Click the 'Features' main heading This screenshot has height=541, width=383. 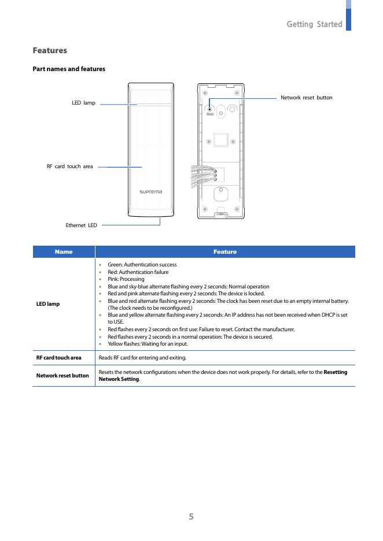pyautogui.click(x=50, y=51)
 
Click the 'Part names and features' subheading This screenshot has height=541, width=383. pyautogui.click(x=69, y=69)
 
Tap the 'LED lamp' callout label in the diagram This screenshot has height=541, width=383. pyautogui.click(x=83, y=103)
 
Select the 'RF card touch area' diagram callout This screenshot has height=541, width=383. pyautogui.click(x=69, y=166)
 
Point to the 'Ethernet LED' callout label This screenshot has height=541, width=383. pyautogui.click(x=81, y=225)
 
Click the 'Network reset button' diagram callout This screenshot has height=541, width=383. pyautogui.click(x=306, y=98)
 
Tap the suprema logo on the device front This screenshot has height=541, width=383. pyautogui.click(x=150, y=191)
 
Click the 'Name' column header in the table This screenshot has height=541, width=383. pyautogui.click(x=64, y=252)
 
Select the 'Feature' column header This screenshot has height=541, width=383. pyautogui.click(x=224, y=252)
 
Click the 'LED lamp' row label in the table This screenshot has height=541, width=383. pyautogui.click(x=48, y=304)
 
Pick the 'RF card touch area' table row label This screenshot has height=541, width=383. pyautogui.click(x=59, y=358)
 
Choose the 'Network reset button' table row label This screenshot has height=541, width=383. pyautogui.click(x=62, y=376)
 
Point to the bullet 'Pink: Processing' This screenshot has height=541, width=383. pyautogui.click(x=126, y=279)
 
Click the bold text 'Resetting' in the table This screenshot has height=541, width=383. pyautogui.click(x=336, y=372)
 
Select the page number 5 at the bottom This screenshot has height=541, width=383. pyautogui.click(x=191, y=517)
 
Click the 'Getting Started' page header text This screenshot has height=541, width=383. pyautogui.click(x=314, y=24)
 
